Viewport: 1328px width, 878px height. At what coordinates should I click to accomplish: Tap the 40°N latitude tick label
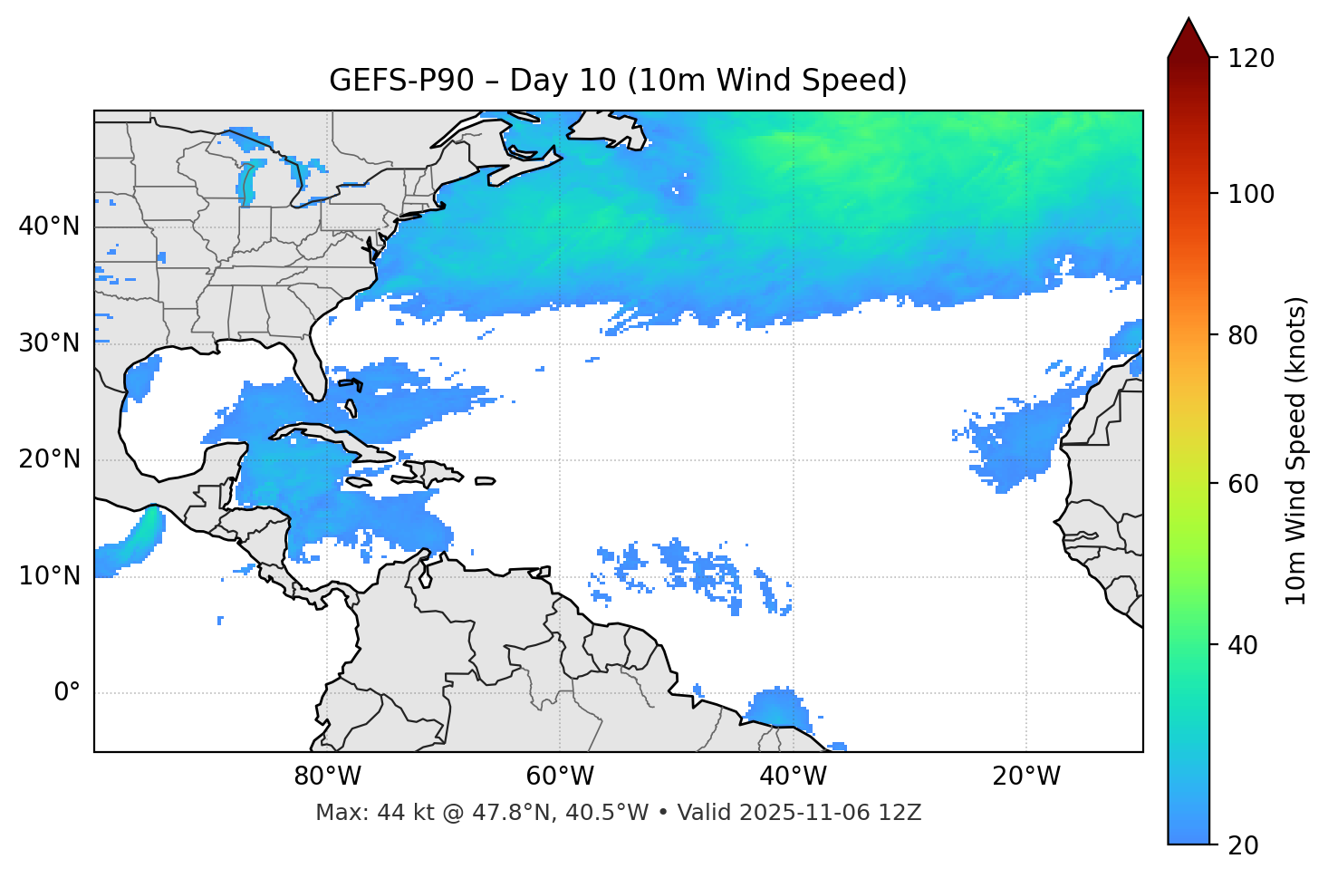(49, 227)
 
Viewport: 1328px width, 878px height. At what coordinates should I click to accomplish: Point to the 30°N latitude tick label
(49, 343)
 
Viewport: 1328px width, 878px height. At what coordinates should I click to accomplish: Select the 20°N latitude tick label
(49, 459)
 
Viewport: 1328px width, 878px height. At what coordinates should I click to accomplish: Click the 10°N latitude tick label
(49, 576)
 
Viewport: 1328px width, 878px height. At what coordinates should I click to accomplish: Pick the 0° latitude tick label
(67, 693)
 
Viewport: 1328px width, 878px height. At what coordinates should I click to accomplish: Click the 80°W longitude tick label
(327, 777)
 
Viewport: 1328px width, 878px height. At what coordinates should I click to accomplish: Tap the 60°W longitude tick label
(560, 777)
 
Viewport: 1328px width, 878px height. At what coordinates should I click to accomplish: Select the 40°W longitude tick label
(793, 777)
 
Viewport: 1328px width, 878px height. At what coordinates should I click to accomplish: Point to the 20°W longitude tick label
(1025, 777)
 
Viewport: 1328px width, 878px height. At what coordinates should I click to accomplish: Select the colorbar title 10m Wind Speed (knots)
(1295, 450)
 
